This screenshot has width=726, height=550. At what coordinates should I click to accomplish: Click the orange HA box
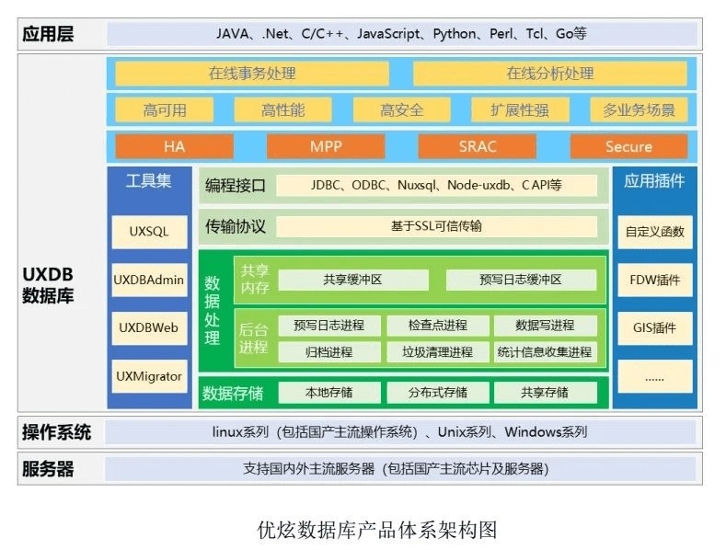click(174, 146)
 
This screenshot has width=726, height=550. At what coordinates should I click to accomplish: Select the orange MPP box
click(326, 146)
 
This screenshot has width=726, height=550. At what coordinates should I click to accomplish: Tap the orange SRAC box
click(477, 146)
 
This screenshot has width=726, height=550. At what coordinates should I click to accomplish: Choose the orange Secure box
click(628, 146)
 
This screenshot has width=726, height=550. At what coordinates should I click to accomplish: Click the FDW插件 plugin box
click(655, 280)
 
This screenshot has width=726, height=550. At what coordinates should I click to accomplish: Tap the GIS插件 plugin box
click(655, 327)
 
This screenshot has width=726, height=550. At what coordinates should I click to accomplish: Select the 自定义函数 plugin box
click(655, 232)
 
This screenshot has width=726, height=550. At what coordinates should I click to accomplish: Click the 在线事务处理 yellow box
click(252, 74)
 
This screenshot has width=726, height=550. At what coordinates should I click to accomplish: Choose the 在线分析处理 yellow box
click(549, 74)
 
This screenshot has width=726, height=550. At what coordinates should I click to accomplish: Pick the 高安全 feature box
click(402, 110)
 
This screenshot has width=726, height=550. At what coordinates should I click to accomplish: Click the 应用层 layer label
click(48, 35)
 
